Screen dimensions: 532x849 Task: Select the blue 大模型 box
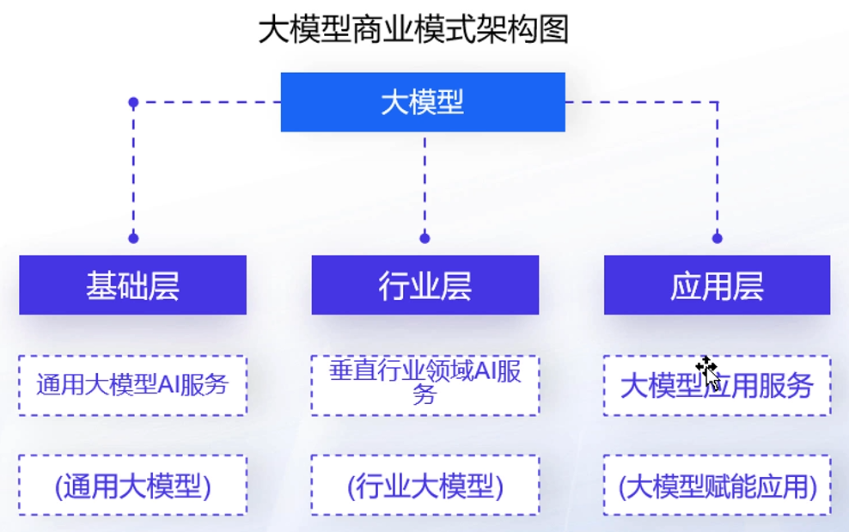click(x=423, y=102)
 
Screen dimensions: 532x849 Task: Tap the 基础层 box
click(x=132, y=285)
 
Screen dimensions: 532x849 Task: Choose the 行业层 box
click(x=424, y=285)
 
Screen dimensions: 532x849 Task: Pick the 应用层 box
click(x=717, y=285)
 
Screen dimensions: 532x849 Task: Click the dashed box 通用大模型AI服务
click(x=132, y=385)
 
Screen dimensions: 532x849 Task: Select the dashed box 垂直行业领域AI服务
click(x=424, y=385)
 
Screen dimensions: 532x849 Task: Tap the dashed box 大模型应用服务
click(x=717, y=386)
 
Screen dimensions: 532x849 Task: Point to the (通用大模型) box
click(x=132, y=486)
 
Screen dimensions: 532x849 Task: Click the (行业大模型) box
click(x=424, y=486)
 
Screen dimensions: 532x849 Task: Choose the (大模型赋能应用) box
click(x=717, y=486)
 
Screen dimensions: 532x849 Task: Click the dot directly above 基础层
click(x=133, y=238)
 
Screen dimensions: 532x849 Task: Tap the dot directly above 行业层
click(x=424, y=238)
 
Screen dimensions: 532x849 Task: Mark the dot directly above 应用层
click(x=718, y=238)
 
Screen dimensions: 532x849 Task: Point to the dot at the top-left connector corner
click(x=133, y=102)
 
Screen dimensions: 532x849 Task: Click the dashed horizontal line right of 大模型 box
click(x=640, y=102)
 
